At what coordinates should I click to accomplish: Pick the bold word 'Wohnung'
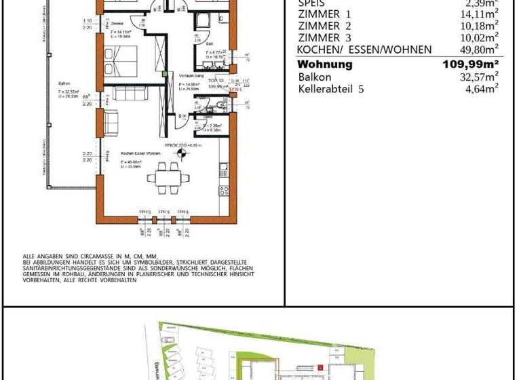325,64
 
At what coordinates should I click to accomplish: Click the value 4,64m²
479,88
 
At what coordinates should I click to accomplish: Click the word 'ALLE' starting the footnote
29,256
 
